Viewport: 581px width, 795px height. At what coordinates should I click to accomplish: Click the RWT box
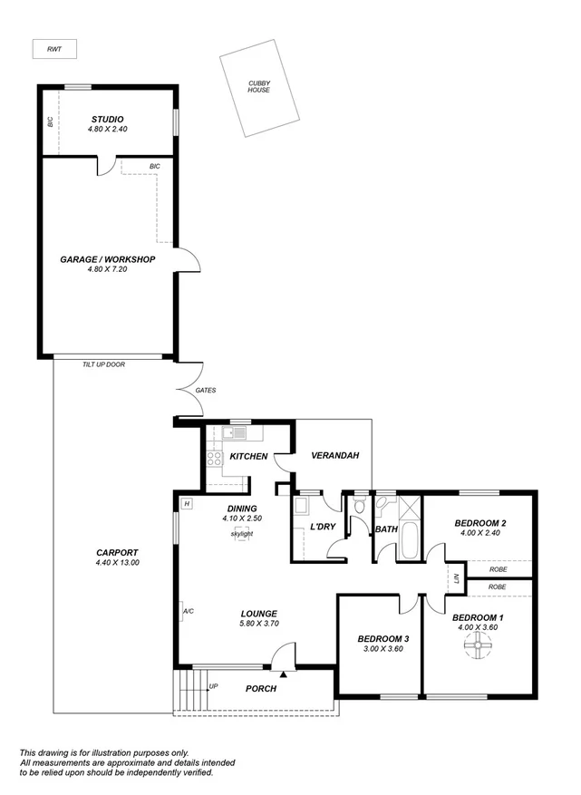coord(54,49)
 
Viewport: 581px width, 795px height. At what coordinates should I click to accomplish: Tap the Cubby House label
coord(259,87)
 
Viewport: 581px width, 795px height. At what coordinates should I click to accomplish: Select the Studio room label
coord(107,120)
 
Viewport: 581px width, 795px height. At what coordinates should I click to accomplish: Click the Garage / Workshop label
coord(107,259)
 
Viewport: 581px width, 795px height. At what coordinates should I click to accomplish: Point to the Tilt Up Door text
coord(103,364)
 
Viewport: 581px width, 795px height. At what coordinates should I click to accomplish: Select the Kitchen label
coord(248,456)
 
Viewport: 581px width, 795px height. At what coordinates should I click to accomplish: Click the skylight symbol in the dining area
coord(241,533)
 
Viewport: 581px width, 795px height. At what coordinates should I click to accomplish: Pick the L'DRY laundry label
coord(323,527)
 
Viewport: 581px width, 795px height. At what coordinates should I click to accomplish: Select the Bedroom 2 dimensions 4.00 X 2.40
coord(480,533)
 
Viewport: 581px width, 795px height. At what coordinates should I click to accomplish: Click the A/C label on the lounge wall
coord(189,611)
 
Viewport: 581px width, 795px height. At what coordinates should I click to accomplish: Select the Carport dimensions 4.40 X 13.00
coord(117,563)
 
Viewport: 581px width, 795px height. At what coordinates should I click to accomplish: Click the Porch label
coord(261,688)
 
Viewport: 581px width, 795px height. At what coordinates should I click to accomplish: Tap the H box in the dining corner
coord(186,503)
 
